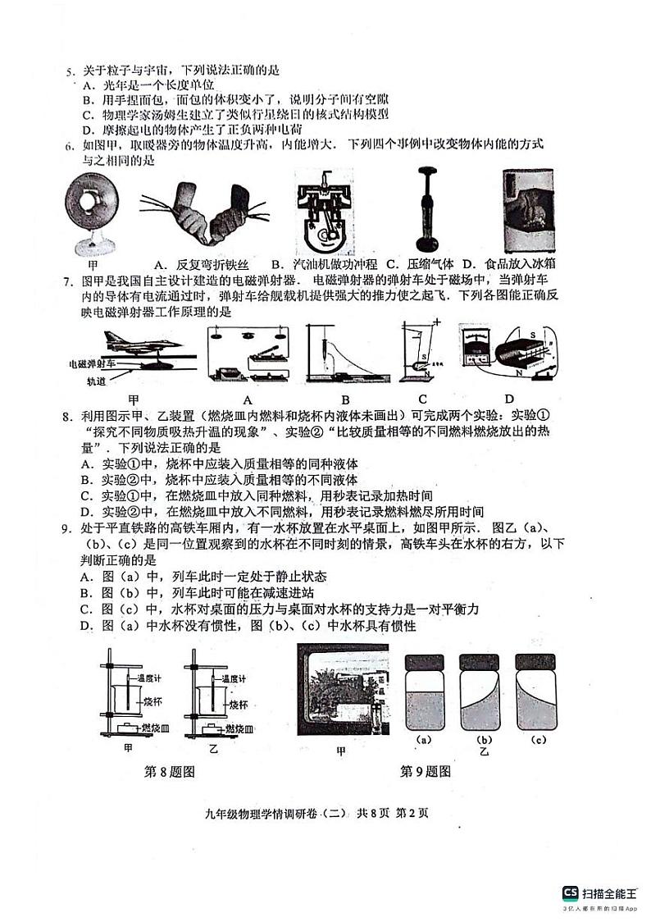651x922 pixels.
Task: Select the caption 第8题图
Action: point(169,771)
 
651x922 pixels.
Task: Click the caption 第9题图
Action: point(425,771)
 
